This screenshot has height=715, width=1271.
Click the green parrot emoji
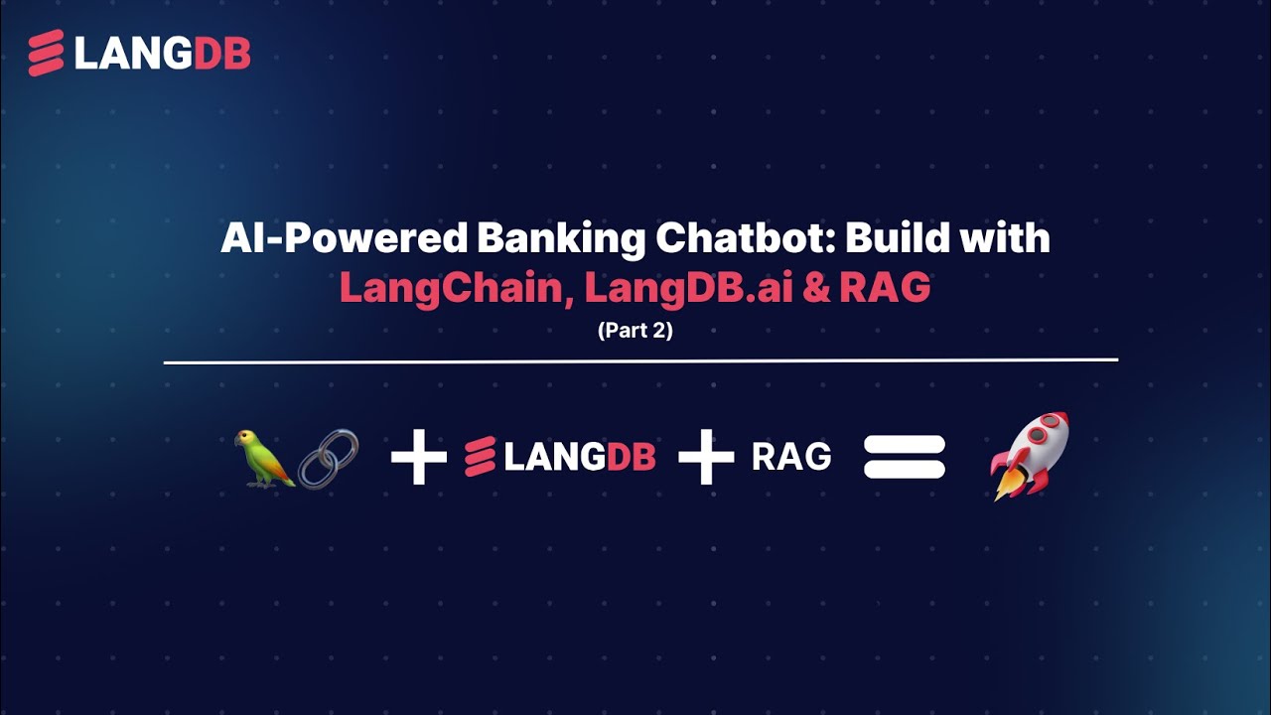pyautogui.click(x=263, y=457)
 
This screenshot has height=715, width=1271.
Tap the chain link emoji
pyautogui.click(x=328, y=459)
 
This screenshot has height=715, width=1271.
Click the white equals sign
pyautogui.click(x=904, y=458)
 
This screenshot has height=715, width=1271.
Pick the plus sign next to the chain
pyautogui.click(x=418, y=458)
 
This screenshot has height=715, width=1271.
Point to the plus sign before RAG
pyautogui.click(x=706, y=458)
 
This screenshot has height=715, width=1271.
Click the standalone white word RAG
pyautogui.click(x=791, y=458)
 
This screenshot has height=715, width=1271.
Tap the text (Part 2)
pyautogui.click(x=635, y=331)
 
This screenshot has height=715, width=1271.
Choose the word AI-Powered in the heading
pyautogui.click(x=343, y=240)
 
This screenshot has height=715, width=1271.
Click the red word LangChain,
pyautogui.click(x=456, y=288)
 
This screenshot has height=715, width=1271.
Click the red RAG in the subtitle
pyautogui.click(x=885, y=288)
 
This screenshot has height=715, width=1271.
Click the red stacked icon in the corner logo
pyautogui.click(x=46, y=54)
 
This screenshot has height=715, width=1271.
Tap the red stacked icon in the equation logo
pyautogui.click(x=481, y=458)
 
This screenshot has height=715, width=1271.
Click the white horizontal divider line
pyautogui.click(x=640, y=360)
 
